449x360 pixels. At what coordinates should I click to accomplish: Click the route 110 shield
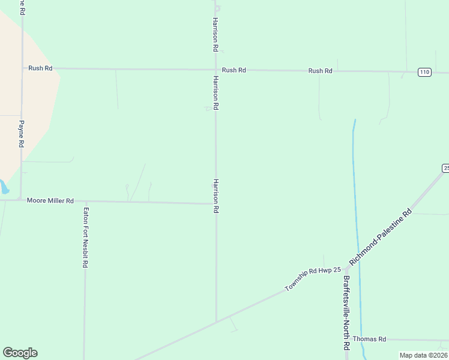(424, 72)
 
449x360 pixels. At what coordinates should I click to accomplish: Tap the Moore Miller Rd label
(50, 200)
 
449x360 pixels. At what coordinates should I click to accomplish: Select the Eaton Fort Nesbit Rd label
(86, 237)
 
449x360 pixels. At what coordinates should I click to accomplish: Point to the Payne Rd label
(21, 134)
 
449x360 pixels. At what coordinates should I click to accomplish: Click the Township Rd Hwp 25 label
(312, 279)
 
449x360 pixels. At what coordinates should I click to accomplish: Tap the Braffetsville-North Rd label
(346, 313)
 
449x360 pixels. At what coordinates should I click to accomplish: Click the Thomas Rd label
(369, 339)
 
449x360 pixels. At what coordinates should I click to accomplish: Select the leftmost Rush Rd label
(40, 68)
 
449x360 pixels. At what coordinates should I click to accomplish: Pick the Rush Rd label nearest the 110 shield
(320, 71)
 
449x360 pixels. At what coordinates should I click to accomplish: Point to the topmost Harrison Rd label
(215, 33)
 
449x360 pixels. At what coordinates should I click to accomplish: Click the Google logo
(20, 353)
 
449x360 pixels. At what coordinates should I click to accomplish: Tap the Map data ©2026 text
(424, 355)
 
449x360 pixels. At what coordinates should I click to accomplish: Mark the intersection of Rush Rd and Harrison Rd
(216, 70)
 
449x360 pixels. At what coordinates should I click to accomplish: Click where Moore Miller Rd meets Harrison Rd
(216, 203)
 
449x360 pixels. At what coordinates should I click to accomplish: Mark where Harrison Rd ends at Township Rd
(216, 323)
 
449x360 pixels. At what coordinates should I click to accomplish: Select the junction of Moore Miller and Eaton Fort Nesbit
(86, 201)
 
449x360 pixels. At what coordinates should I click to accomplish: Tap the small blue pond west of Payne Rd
(4, 187)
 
